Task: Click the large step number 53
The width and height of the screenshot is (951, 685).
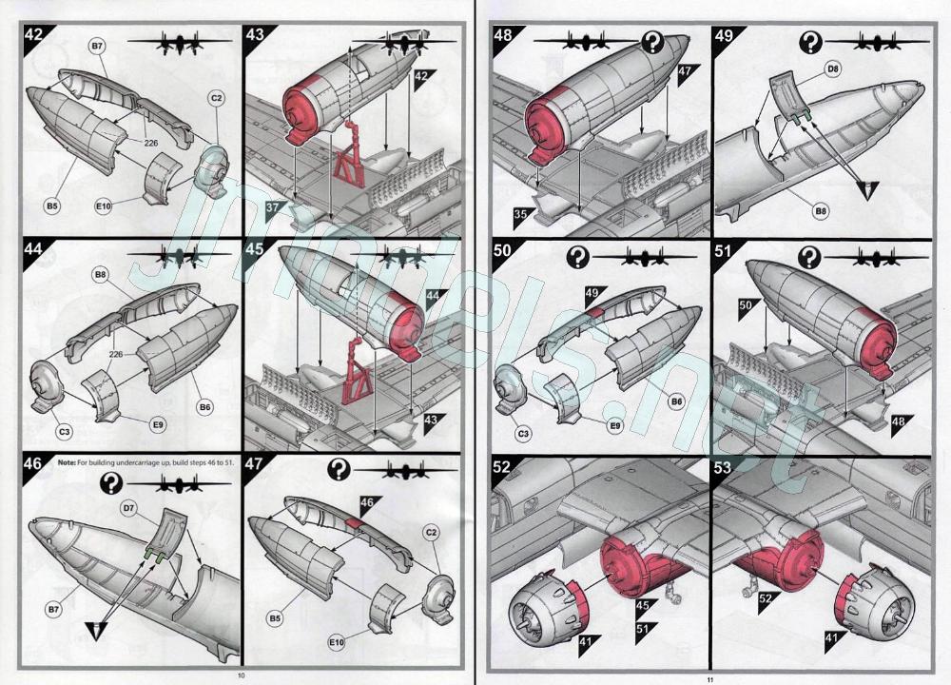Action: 723,469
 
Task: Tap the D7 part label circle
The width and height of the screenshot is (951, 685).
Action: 128,508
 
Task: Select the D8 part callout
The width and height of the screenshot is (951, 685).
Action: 833,69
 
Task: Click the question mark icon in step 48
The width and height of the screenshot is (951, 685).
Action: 652,43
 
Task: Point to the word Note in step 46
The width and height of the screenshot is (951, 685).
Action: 67,462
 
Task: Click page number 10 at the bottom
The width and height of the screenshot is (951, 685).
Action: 241,675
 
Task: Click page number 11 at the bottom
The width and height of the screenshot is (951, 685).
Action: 709,679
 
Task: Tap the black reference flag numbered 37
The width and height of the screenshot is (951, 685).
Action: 276,209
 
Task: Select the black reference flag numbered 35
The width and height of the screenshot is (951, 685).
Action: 523,215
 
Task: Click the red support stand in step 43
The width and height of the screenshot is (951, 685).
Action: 349,157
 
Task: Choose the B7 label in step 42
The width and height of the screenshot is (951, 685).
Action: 97,46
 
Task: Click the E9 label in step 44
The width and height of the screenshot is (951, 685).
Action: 158,424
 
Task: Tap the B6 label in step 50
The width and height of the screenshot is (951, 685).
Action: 677,401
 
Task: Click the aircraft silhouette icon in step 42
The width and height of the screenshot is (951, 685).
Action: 180,44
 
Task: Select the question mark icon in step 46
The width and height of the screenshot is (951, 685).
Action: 111,483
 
